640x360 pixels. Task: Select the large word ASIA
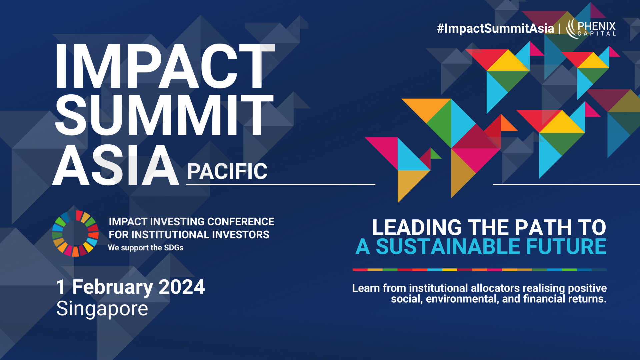116,166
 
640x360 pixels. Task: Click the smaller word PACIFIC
227,172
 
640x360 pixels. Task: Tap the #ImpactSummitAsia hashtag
495,28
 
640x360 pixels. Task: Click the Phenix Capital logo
591,29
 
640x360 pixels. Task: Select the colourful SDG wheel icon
75,233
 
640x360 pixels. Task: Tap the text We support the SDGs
146,248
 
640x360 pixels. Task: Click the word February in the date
113,287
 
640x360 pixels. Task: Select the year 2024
182,287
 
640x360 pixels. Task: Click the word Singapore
102,309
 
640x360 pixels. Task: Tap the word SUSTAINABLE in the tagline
448,247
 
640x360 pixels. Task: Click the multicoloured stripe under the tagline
479,269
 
